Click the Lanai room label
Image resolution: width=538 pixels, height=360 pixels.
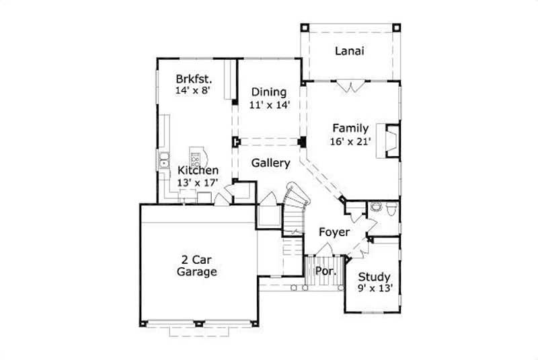pyautogui.click(x=350, y=52)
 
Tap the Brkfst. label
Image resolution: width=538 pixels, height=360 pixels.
pyautogui.click(x=190, y=77)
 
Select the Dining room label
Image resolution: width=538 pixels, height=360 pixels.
pyautogui.click(x=269, y=92)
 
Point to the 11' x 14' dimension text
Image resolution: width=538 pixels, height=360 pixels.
pyautogui.click(x=269, y=105)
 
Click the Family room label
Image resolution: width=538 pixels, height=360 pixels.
pyautogui.click(x=350, y=129)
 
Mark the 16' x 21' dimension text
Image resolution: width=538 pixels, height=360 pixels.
pyautogui.click(x=350, y=141)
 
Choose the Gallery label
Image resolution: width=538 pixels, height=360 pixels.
pyautogui.click(x=270, y=163)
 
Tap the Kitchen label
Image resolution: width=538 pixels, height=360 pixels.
pyautogui.click(x=198, y=171)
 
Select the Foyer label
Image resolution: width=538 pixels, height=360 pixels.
pyautogui.click(x=334, y=232)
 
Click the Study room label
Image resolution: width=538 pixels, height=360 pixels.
pyautogui.click(x=374, y=277)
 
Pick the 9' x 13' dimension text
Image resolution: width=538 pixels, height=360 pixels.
pyautogui.click(x=374, y=289)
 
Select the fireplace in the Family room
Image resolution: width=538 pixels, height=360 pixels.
pyautogui.click(x=389, y=140)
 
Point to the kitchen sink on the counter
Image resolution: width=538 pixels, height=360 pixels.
pyautogui.click(x=163, y=162)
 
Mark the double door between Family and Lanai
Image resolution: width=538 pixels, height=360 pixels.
pyautogui.click(x=350, y=86)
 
